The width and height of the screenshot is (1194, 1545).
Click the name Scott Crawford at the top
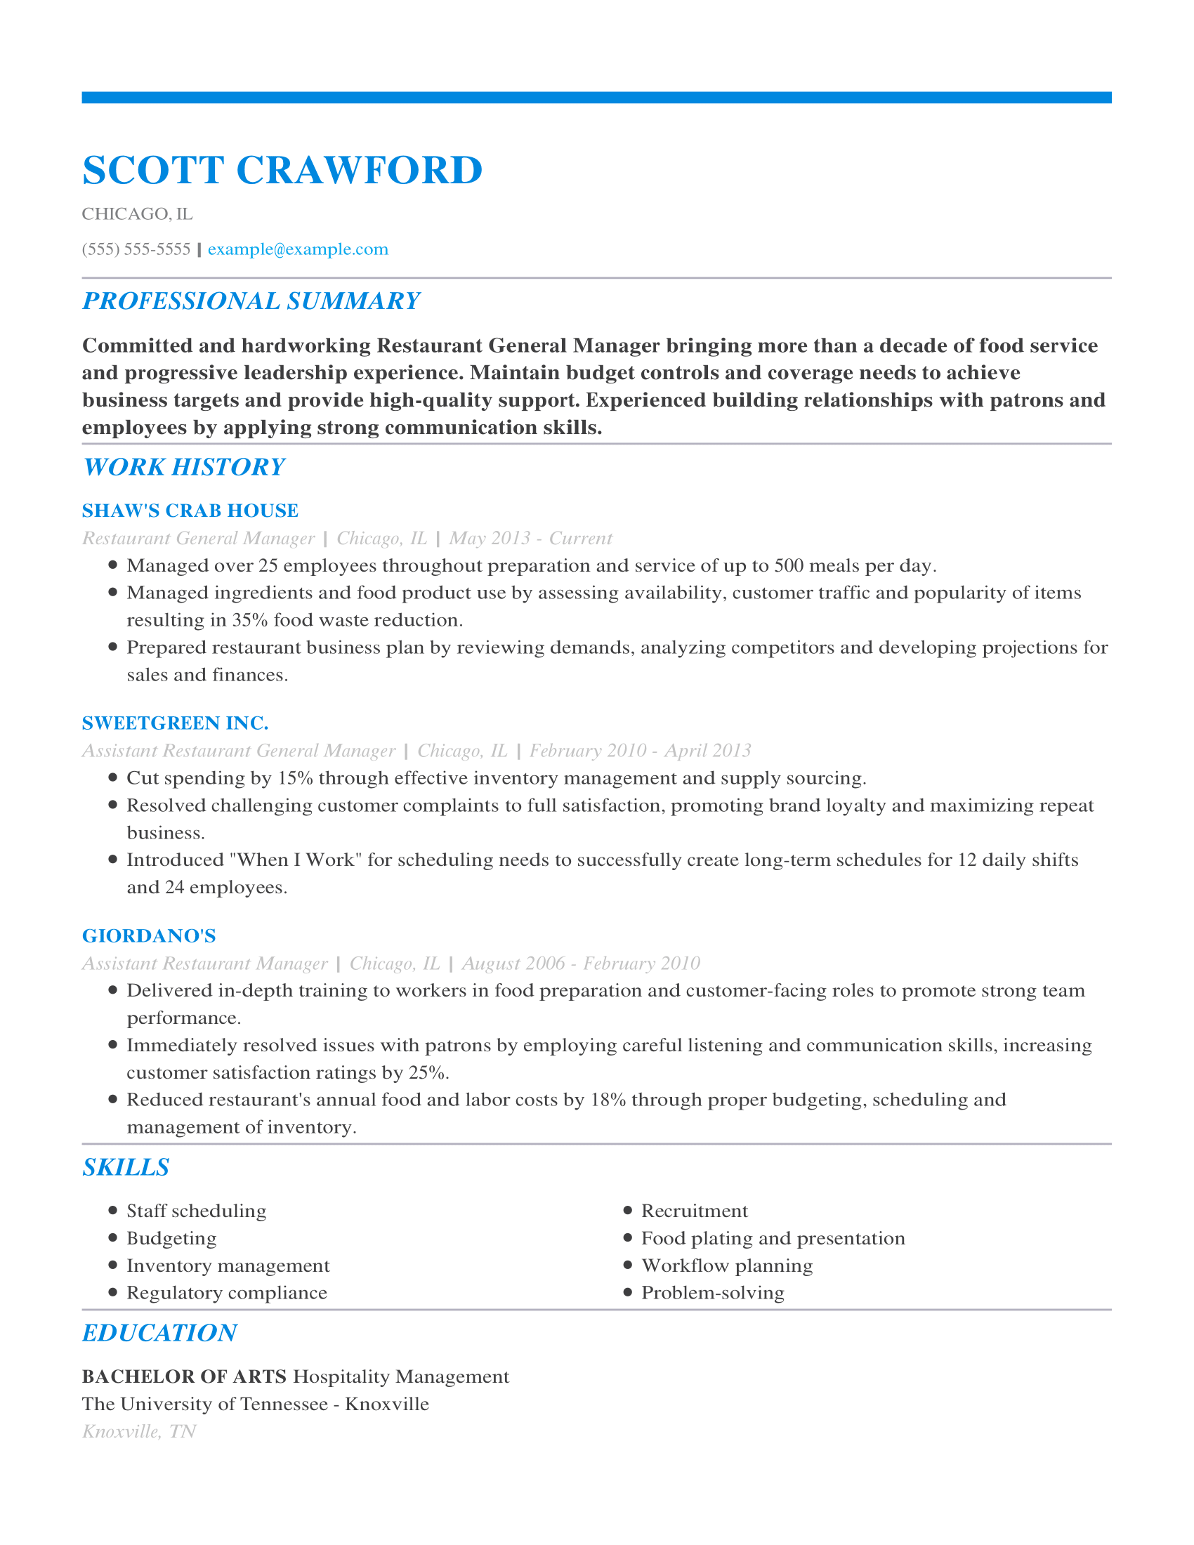[x=282, y=171]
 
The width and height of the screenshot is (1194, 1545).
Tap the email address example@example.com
[x=298, y=249]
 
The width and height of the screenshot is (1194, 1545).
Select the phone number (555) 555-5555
[x=136, y=249]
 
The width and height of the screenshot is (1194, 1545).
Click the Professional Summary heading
[x=251, y=301]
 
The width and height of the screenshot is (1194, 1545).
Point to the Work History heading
[x=183, y=467]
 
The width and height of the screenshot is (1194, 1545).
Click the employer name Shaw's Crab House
[x=190, y=511]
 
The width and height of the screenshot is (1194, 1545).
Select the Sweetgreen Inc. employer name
[x=176, y=723]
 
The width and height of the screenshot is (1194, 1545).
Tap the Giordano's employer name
[x=149, y=936]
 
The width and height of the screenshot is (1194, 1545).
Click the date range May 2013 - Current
[x=530, y=539]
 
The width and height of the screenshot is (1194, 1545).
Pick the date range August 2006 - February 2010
[x=581, y=964]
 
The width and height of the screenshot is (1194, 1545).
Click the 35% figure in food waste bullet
[x=250, y=620]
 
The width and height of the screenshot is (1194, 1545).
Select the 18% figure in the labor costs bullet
[x=608, y=1100]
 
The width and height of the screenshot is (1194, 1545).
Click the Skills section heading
[x=126, y=1167]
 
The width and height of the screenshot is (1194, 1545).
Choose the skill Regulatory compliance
[x=226, y=1293]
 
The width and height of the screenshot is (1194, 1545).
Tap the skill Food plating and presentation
[x=773, y=1239]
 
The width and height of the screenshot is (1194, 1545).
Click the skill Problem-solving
[x=712, y=1293]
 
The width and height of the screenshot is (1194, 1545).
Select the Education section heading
[x=159, y=1333]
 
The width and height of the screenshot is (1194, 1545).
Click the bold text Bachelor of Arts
[x=185, y=1376]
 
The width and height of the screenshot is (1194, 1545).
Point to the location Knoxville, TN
[x=139, y=1432]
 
